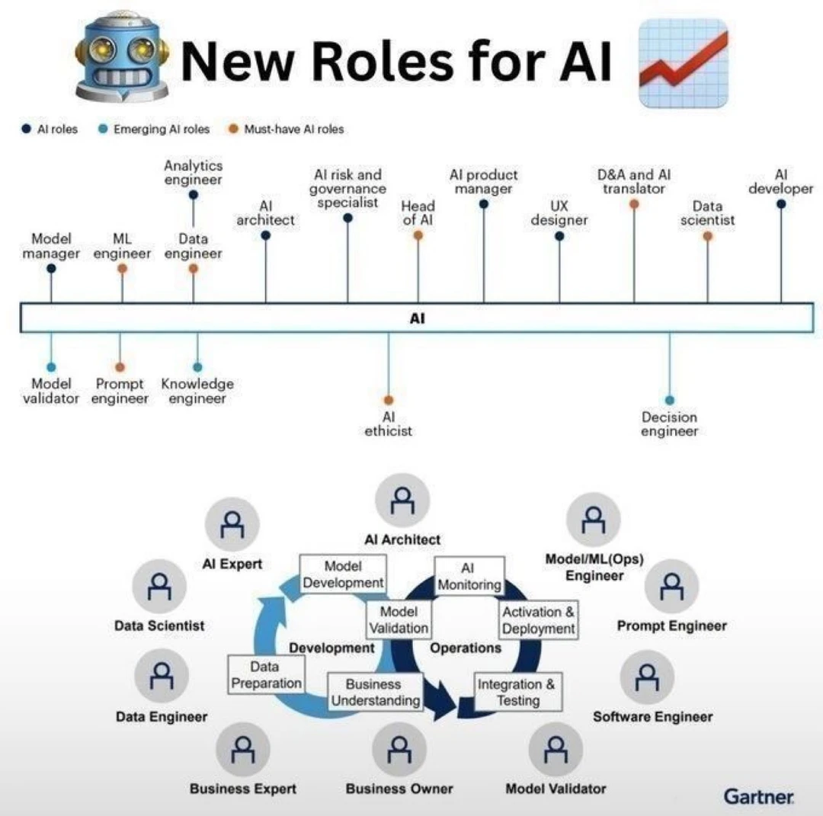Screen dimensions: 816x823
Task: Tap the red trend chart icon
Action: coord(682,62)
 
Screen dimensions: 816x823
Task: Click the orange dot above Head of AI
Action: coord(418,235)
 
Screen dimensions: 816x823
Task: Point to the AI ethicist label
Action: coord(388,424)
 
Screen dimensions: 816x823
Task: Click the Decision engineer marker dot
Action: coord(670,400)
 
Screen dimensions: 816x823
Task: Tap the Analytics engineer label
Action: coord(194,172)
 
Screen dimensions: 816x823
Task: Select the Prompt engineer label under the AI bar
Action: coord(120,391)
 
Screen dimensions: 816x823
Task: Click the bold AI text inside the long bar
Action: coord(417,319)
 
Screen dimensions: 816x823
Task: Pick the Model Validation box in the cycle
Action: coord(399,619)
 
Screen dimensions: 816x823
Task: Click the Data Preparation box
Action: coord(266,675)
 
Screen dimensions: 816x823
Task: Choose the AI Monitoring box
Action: coord(469,576)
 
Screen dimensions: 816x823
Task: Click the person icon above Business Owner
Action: coord(399,750)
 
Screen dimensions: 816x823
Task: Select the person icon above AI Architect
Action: coord(402,501)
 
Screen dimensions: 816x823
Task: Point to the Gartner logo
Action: coord(759,796)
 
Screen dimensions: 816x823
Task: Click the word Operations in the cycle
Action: coord(466,648)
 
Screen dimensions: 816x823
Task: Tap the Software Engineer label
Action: coord(653,716)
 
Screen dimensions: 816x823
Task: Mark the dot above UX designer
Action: coord(559,236)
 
